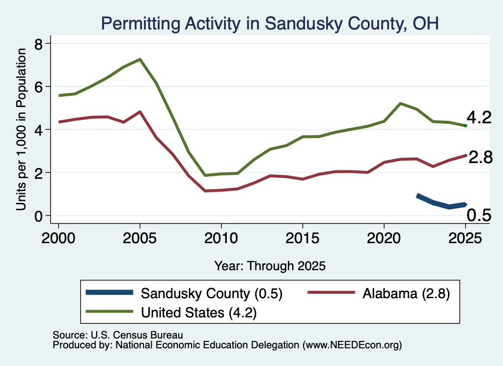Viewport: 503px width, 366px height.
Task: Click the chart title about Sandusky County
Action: click(270, 24)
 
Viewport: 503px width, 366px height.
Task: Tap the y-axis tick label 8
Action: click(38, 44)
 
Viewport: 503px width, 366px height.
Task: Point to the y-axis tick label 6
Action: click(38, 87)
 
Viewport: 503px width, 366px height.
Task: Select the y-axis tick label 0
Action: click(38, 216)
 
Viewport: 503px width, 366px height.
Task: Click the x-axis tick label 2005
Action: click(140, 238)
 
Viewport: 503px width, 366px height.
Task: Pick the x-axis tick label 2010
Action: click(221, 238)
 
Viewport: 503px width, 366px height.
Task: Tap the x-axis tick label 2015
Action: click(303, 238)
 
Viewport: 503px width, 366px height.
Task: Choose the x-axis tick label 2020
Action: click(384, 238)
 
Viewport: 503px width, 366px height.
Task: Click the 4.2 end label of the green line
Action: click(479, 117)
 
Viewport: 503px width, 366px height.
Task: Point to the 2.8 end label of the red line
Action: click(480, 158)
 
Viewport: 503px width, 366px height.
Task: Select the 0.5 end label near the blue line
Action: click(478, 215)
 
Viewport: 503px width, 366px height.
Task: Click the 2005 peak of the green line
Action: click(140, 59)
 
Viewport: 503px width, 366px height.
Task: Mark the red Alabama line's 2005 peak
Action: click(140, 112)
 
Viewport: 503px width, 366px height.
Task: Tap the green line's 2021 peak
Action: click(400, 104)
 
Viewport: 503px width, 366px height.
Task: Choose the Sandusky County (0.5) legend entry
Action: click(184, 293)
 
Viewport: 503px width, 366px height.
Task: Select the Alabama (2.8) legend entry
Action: click(379, 293)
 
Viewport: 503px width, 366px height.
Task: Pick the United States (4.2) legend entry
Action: click(171, 312)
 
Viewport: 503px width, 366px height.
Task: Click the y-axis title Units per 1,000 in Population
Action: click(21, 129)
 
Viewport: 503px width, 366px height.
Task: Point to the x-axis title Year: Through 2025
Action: click(270, 266)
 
